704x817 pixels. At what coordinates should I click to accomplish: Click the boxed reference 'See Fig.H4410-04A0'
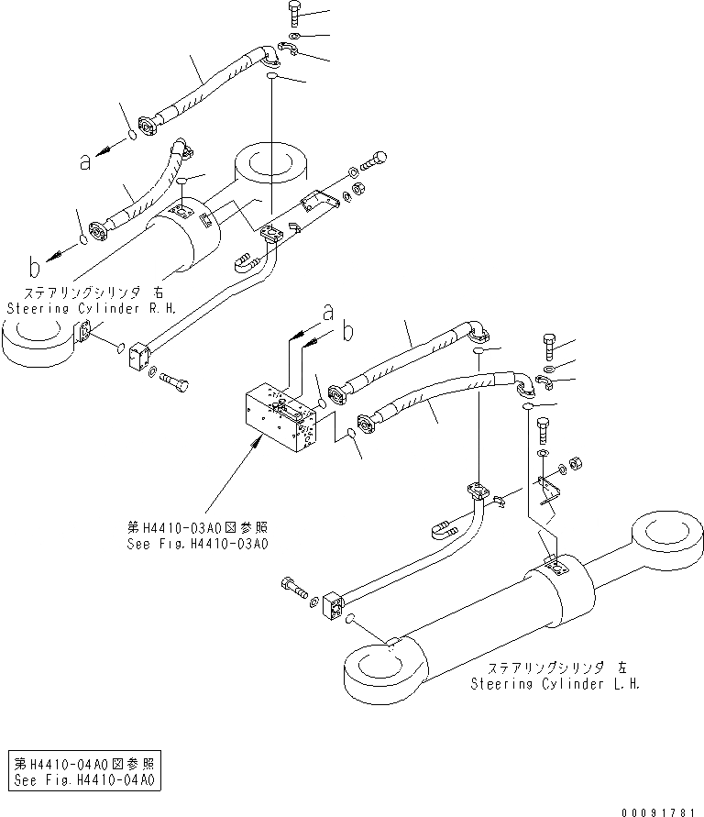coord(84,780)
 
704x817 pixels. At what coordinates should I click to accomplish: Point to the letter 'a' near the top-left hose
coord(85,162)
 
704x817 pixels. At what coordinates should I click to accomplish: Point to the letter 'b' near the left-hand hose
coord(34,268)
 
